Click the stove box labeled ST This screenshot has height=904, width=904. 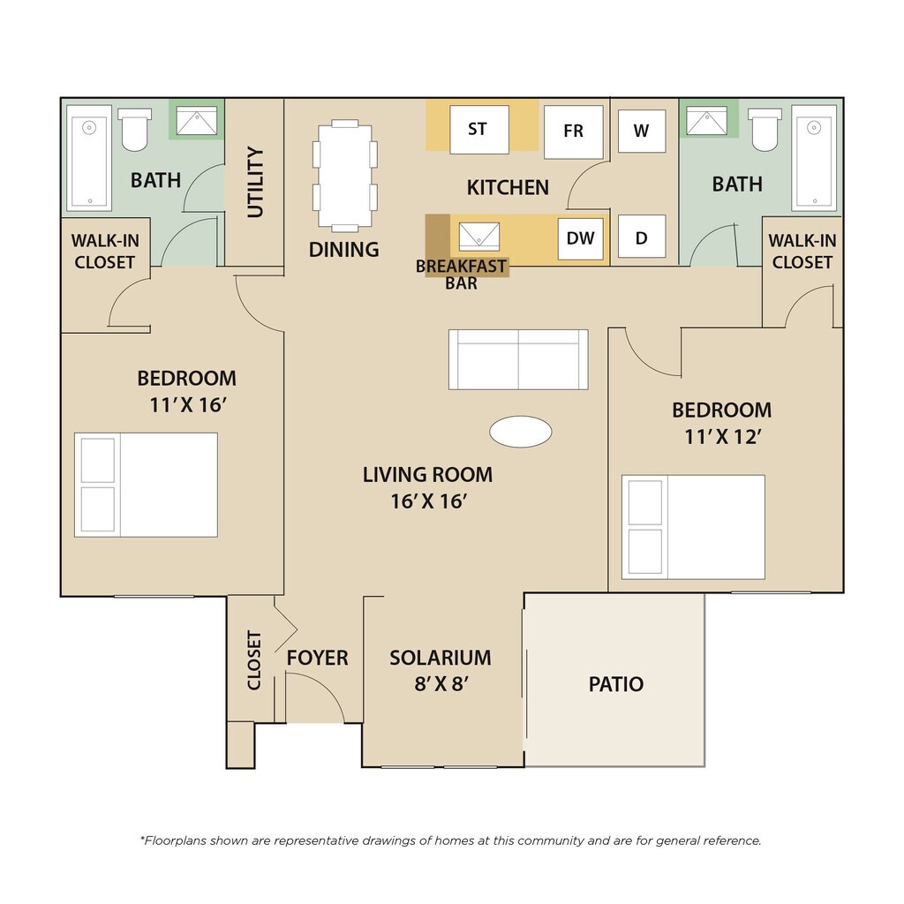tap(479, 130)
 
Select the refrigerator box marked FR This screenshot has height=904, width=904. tap(574, 132)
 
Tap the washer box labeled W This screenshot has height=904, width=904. tap(642, 131)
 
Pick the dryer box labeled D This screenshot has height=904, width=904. tap(642, 237)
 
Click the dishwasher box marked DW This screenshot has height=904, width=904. tap(581, 238)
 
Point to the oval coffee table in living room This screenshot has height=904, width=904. tap(521, 432)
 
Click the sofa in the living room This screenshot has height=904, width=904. tap(518, 360)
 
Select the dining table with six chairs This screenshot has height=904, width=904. tap(345, 176)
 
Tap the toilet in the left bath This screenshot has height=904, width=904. tap(135, 130)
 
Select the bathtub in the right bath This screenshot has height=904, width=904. tap(814, 158)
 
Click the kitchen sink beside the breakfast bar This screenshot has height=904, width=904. tap(479, 237)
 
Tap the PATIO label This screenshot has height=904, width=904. tap(615, 684)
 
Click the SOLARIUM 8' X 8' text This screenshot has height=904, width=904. tap(441, 671)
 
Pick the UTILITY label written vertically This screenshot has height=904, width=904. tap(255, 182)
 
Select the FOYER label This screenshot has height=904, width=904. tap(318, 658)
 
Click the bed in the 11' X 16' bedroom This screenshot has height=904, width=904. tap(146, 485)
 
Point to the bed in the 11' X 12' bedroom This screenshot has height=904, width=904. tap(693, 527)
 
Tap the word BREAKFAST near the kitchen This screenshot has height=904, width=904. tap(461, 267)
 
